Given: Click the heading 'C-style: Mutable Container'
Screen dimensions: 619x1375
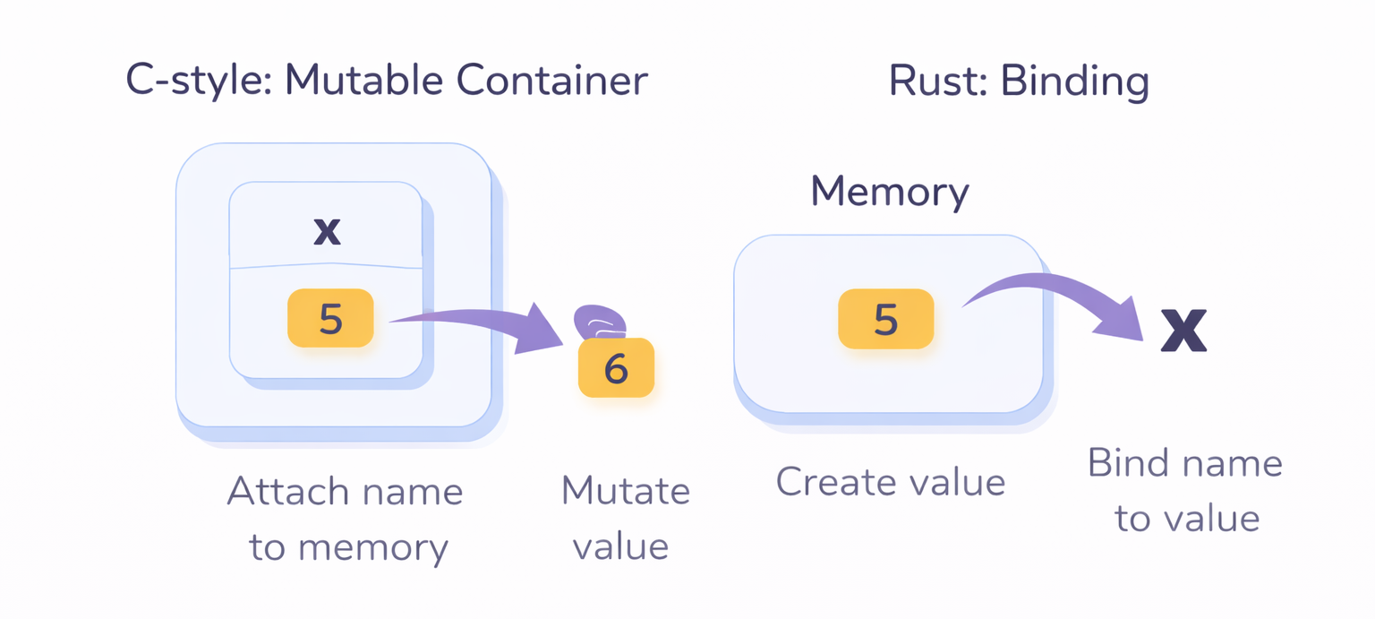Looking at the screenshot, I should [387, 81].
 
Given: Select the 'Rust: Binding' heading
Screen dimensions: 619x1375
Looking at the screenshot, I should [1019, 81].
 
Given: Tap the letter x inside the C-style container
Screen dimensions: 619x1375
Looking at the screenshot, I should [327, 231].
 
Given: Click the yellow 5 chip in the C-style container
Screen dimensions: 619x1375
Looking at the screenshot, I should [330, 318].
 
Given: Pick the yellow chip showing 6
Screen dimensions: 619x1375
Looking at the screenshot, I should [616, 368].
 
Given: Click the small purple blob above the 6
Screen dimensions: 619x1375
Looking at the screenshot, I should [599, 321].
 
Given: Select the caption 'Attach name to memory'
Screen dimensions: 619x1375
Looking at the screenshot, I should [346, 519].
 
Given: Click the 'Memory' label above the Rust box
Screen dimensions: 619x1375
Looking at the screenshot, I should [889, 192].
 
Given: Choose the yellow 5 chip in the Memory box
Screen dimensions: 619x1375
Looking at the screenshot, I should [885, 319].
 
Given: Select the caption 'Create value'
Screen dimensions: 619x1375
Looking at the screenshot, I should [890, 482].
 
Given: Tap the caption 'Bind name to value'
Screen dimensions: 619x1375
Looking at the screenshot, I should [1185, 490].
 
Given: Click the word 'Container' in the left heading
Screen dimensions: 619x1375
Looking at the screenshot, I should [552, 81].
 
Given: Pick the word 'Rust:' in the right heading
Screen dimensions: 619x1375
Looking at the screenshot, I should [936, 81].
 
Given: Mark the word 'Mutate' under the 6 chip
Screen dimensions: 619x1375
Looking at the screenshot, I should [625, 491].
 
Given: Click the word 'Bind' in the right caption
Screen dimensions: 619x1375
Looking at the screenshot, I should [1130, 463].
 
